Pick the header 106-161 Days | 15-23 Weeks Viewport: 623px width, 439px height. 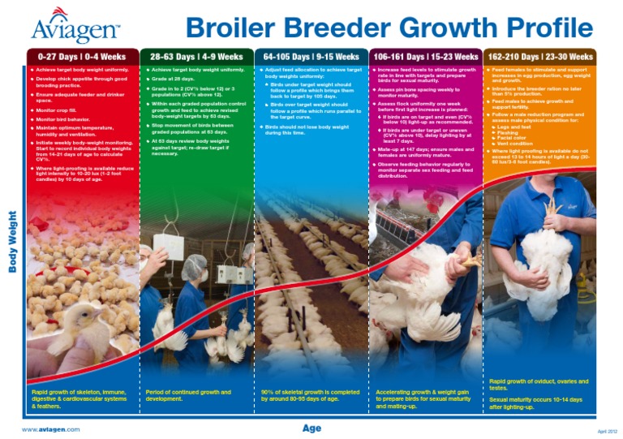[x=426, y=58]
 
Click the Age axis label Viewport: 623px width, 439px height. [x=312, y=428]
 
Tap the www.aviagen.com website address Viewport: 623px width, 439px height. [x=50, y=428]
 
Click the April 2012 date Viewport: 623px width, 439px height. [x=607, y=431]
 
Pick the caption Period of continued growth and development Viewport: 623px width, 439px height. [x=187, y=395]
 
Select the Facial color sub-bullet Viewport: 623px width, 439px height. [x=519, y=138]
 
